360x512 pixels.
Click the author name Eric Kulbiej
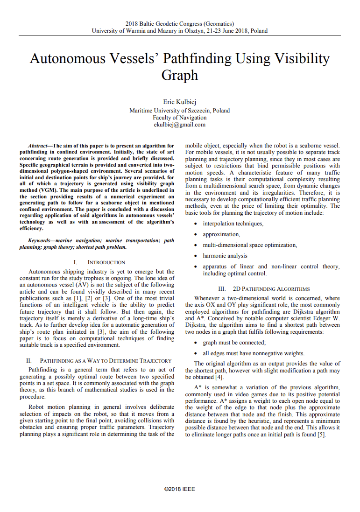[180, 102]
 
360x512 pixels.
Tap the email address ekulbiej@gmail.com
[180, 125]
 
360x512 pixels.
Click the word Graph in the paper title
[180, 75]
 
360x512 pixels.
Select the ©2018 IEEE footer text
[180, 489]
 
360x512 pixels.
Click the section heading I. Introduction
[99, 262]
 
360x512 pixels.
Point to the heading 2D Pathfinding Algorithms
[264, 289]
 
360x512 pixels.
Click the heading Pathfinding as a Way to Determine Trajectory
[99, 361]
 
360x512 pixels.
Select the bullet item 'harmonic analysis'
[225, 256]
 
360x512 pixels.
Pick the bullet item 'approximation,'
[221, 234]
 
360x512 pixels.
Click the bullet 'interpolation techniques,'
[233, 224]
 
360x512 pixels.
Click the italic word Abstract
[37, 146]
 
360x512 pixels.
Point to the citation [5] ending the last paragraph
[321, 435]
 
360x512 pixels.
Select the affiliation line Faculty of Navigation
[180, 118]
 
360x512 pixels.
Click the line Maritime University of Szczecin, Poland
[180, 111]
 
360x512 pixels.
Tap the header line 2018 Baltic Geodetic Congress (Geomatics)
[180, 24]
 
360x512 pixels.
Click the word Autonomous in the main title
[67, 59]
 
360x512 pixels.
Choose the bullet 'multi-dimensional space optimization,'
[250, 245]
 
